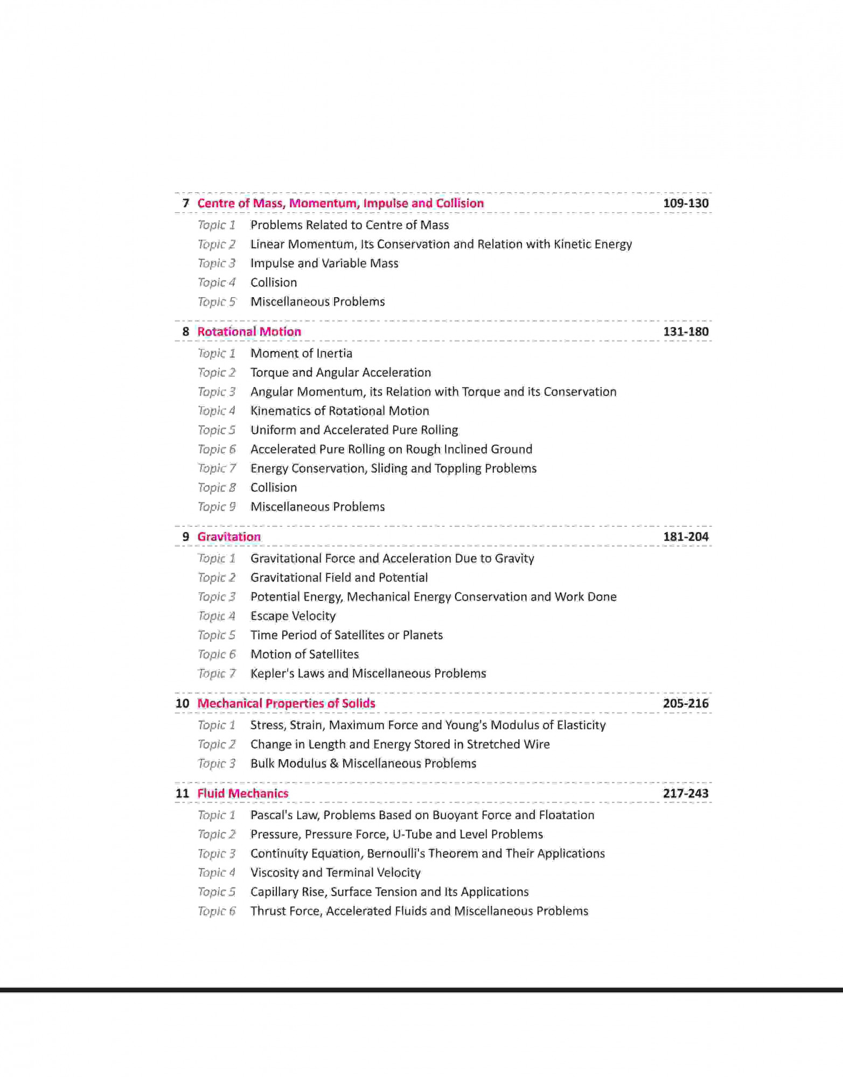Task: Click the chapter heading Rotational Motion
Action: pyautogui.click(x=249, y=332)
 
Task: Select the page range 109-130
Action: pyautogui.click(x=685, y=204)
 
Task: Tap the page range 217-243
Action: pyautogui.click(x=685, y=793)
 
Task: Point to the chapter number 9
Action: pyautogui.click(x=186, y=537)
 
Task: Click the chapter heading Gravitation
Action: pyautogui.click(x=229, y=537)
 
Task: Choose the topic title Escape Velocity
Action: pyautogui.click(x=293, y=616)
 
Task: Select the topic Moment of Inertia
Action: pyautogui.click(x=301, y=354)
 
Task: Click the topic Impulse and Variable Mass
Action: pyautogui.click(x=324, y=263)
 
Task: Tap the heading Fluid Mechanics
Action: pyautogui.click(x=242, y=793)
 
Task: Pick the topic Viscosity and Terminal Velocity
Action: pyautogui.click(x=335, y=872)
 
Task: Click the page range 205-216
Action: pyautogui.click(x=685, y=703)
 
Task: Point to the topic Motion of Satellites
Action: pyautogui.click(x=304, y=654)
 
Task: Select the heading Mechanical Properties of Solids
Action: pyautogui.click(x=286, y=703)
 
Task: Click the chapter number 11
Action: pyautogui.click(x=183, y=793)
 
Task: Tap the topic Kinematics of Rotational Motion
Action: pyautogui.click(x=339, y=411)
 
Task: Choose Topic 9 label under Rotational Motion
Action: pyautogui.click(x=217, y=507)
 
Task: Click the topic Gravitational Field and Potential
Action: pyautogui.click(x=339, y=578)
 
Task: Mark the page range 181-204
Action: pyautogui.click(x=685, y=537)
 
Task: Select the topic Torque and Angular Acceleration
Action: pyautogui.click(x=340, y=373)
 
